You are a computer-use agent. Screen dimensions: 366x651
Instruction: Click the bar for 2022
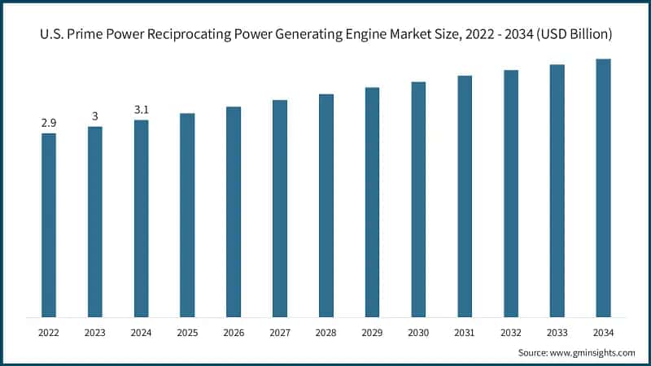(49, 225)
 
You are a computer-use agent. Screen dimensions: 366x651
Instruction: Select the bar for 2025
(187, 216)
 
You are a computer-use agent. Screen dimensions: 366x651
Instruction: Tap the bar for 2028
(326, 206)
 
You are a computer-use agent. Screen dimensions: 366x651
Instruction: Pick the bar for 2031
(465, 196)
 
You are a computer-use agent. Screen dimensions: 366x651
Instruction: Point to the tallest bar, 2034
(603, 188)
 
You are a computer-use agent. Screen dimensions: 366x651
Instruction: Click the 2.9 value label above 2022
(49, 123)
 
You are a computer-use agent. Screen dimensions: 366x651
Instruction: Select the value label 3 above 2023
(95, 116)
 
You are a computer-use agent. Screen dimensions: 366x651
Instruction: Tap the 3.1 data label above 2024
(142, 110)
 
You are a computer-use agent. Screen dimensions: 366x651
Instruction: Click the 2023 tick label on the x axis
(95, 333)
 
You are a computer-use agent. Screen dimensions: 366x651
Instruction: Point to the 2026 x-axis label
(234, 333)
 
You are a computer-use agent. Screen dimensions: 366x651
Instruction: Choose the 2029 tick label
(372, 333)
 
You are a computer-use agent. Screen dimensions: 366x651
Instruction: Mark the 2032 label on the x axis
(511, 333)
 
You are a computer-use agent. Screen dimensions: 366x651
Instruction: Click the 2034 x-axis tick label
(603, 333)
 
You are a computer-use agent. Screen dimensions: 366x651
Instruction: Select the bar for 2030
(418, 199)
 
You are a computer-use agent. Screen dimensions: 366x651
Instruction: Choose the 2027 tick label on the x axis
(280, 333)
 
